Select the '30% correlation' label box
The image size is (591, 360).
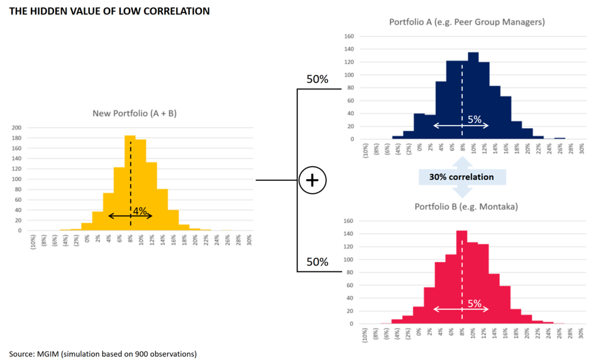[x=461, y=177]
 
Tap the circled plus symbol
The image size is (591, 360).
[x=312, y=180]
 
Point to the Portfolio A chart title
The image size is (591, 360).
[x=467, y=22]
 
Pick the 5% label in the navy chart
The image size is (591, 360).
[x=475, y=119]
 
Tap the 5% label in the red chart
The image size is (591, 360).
[x=475, y=304]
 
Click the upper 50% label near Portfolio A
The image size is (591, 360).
[x=318, y=80]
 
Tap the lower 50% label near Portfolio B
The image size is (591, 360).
[x=318, y=262]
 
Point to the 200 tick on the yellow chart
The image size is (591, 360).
[x=17, y=128]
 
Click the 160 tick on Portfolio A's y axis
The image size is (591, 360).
[x=348, y=36]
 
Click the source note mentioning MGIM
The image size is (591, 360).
[x=102, y=353]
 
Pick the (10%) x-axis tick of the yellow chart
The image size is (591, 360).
[x=33, y=243]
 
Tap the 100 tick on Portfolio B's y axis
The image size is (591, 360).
[x=348, y=259]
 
